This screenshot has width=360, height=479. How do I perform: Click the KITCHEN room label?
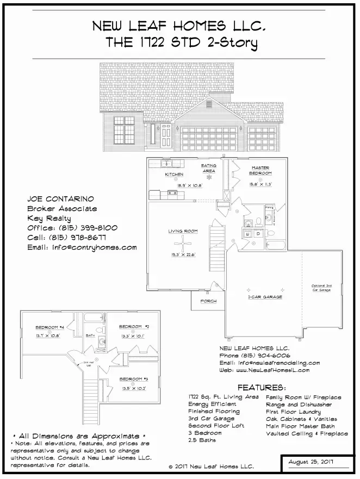pyautogui.click(x=174, y=175)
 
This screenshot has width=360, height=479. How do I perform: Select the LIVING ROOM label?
pyautogui.click(x=183, y=232)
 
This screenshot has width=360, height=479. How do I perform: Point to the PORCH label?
pyautogui.click(x=209, y=301)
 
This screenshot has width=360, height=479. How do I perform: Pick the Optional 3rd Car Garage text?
pyautogui.click(x=321, y=288)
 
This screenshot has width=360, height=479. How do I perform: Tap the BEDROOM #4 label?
pyautogui.click(x=50, y=327)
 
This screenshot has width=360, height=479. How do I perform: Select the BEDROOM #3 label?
pyautogui.click(x=134, y=379)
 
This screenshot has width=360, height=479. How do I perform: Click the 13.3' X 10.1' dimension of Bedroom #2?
pyautogui.click(x=134, y=336)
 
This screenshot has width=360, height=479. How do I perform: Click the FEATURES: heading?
pyautogui.click(x=262, y=388)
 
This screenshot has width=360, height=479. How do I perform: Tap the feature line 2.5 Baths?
pyautogui.click(x=202, y=440)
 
